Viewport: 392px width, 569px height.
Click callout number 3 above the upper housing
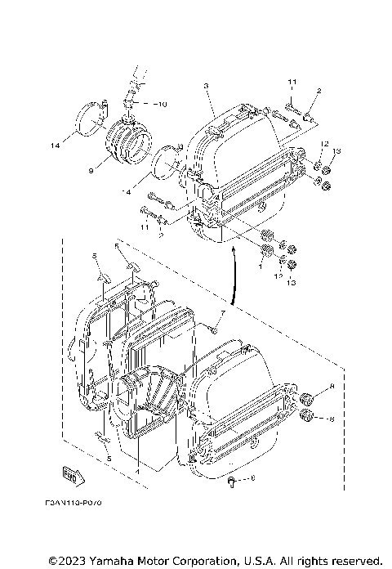[206, 86]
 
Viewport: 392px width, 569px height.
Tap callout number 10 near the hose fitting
[162, 105]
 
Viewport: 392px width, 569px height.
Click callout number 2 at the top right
[318, 91]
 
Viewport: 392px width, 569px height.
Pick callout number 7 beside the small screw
[220, 313]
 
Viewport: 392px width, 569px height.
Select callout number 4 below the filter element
[136, 470]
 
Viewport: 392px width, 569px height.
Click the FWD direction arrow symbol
[72, 474]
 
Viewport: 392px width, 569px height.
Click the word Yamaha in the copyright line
[126, 560]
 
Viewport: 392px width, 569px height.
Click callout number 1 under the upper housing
[261, 266]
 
